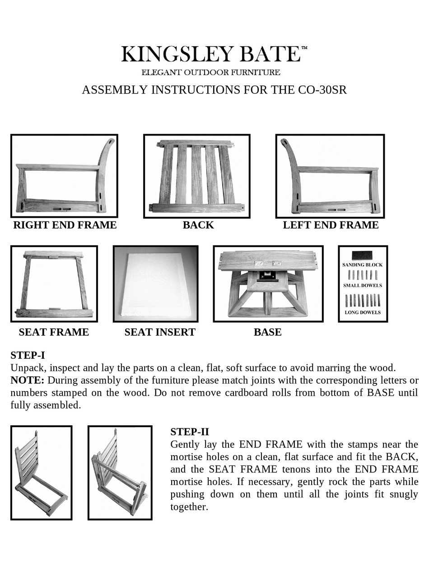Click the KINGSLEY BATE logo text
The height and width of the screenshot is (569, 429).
click(x=210, y=54)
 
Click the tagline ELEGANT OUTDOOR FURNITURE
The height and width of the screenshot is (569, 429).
click(x=211, y=72)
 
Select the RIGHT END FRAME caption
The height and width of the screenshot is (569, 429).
click(x=65, y=225)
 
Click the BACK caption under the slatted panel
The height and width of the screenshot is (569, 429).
click(x=198, y=225)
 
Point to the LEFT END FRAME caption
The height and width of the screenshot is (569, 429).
click(x=331, y=225)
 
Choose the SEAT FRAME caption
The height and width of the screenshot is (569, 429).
click(x=54, y=332)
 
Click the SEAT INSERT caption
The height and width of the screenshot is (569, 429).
click(x=160, y=332)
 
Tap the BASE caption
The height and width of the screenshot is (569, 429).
click(x=267, y=332)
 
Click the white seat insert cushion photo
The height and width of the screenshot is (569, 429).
click(x=155, y=285)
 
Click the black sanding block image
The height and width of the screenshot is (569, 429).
click(x=362, y=255)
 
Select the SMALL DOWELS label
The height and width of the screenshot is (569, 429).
click(x=362, y=286)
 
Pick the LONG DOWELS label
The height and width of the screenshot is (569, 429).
click(x=362, y=312)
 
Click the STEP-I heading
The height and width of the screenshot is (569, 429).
click(x=28, y=355)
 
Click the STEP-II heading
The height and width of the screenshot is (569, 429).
click(x=189, y=432)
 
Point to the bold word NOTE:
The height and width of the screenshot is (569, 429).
click(x=27, y=380)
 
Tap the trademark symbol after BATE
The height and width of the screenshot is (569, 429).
click(x=304, y=47)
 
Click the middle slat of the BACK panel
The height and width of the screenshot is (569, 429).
click(x=196, y=174)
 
